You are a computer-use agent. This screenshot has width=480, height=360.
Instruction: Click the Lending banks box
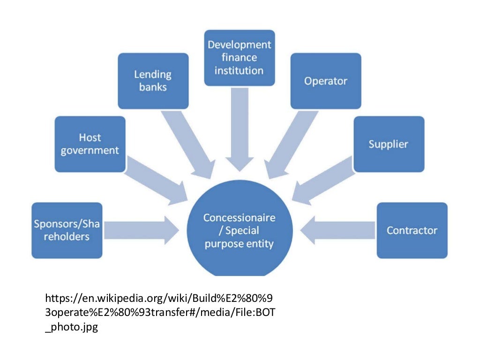(153, 81)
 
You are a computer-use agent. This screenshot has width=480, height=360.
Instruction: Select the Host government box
(90, 144)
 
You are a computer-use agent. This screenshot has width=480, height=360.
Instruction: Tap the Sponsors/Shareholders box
(67, 230)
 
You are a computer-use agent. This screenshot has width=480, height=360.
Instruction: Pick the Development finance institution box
(239, 58)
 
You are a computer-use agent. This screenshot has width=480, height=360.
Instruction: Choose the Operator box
(325, 81)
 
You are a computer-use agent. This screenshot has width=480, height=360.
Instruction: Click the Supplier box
(388, 144)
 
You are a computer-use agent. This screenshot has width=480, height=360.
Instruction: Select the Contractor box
(412, 230)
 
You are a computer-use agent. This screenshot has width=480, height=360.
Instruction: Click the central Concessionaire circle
(239, 232)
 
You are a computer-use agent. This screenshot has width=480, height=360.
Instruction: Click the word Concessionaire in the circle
(239, 218)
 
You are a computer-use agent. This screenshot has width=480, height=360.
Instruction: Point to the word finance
(239, 58)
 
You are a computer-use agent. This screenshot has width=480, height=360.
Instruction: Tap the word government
(90, 150)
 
